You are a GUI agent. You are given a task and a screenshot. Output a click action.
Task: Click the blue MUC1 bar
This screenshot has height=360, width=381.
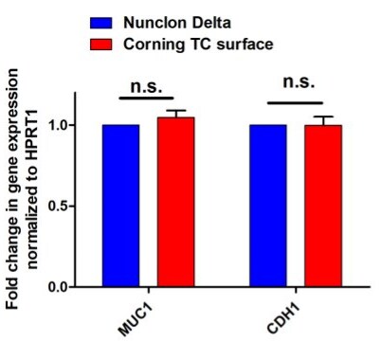coord(120,205)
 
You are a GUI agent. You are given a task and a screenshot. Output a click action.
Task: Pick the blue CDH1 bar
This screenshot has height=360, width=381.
coord(267,205)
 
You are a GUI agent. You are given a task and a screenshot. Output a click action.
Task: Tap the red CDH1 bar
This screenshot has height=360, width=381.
coord(322,205)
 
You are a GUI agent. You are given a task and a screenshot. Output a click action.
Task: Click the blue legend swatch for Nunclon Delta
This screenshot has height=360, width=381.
coord(100,21)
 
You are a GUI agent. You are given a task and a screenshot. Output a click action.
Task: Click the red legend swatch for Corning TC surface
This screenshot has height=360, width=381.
coord(100,45)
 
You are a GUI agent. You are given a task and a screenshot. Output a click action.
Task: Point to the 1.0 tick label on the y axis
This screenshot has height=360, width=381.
coord(55,125)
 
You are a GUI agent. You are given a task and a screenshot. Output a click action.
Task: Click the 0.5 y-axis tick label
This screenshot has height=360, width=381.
coord(55,206)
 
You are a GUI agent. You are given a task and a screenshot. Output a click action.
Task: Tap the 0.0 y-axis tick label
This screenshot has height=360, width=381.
coord(55,286)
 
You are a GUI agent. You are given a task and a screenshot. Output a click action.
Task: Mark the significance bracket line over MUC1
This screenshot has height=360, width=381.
coord(148,98)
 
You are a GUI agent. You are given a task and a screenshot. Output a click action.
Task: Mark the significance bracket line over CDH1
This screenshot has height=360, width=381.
coord(295,102)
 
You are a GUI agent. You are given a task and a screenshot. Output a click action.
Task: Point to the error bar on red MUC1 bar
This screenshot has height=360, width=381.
coord(175,113)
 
